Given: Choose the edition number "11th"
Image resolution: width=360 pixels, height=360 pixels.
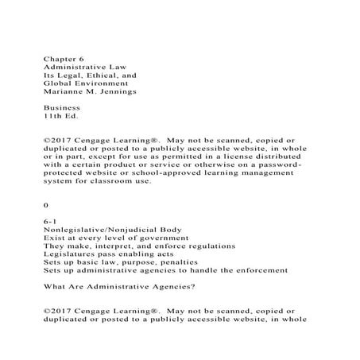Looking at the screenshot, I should (x=52, y=115).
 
